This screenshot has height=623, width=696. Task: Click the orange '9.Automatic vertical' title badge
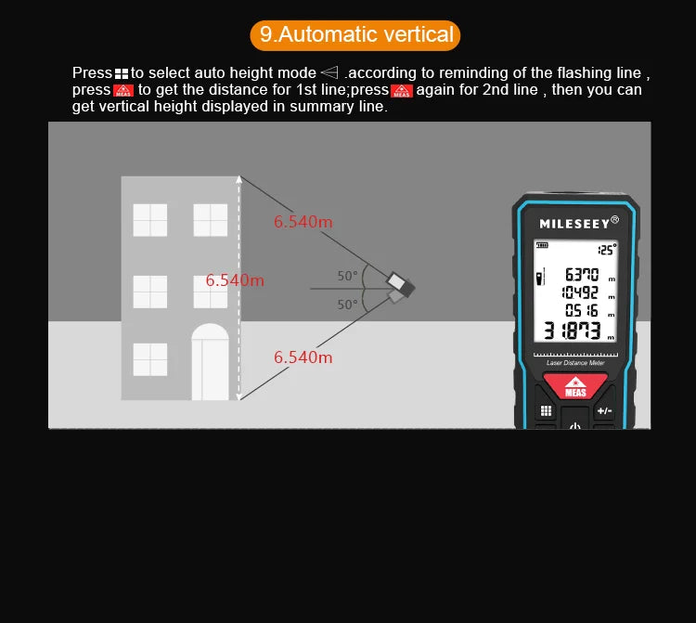(355, 35)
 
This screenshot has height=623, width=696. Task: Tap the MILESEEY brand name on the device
(574, 223)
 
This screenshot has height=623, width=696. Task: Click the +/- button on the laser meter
(604, 410)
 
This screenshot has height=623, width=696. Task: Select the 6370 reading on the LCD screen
(582, 274)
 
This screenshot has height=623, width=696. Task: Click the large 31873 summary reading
(573, 331)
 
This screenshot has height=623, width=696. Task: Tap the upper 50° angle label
(347, 276)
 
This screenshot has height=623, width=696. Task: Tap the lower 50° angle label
(347, 304)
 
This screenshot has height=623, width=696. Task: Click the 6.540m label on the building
(235, 280)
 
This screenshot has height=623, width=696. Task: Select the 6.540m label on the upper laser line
(303, 222)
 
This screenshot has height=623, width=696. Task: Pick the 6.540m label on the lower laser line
(303, 357)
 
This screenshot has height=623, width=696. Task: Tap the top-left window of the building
(150, 220)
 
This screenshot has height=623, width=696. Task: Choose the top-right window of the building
(211, 220)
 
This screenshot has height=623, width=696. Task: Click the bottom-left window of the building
(150, 359)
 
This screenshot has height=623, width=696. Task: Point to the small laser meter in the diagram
(399, 287)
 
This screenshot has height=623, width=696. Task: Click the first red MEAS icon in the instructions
(123, 90)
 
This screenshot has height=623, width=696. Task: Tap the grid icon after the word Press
(122, 73)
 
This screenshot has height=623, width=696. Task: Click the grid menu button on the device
(546, 410)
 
